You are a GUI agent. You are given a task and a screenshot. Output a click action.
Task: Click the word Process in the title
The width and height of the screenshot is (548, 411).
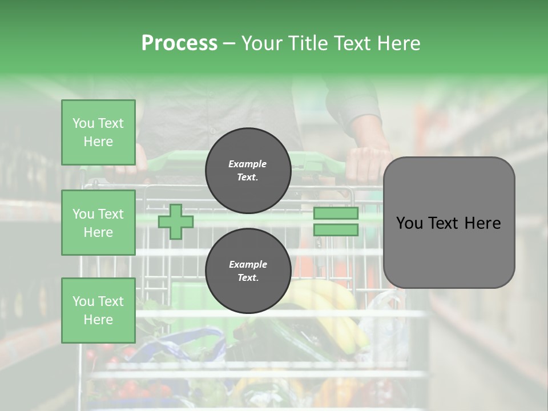179,43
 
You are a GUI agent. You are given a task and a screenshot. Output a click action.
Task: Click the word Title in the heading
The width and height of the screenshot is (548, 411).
305,43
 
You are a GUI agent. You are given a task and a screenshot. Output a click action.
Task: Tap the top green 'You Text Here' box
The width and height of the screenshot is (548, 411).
98,132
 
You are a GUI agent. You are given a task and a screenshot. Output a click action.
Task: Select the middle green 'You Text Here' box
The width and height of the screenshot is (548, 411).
98,223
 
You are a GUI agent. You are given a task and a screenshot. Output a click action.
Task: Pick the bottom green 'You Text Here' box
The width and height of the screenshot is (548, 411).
98,310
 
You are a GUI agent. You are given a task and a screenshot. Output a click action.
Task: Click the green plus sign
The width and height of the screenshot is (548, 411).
176,221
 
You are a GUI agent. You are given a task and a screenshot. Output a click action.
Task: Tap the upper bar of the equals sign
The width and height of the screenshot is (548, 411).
336,213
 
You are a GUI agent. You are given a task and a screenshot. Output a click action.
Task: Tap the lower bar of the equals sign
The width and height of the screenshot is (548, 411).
336,229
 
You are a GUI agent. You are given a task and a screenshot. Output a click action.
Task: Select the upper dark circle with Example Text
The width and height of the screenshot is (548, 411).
248,171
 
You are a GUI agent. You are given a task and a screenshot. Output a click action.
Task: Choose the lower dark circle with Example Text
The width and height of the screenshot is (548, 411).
248,271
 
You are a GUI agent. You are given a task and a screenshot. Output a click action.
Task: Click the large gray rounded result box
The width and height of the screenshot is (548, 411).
449,223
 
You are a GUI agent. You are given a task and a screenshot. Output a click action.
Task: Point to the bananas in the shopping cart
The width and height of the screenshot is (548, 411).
334,308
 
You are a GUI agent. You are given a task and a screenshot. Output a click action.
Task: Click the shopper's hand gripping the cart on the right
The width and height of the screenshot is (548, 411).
368,163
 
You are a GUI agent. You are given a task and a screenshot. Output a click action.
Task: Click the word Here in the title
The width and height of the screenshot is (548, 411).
400,43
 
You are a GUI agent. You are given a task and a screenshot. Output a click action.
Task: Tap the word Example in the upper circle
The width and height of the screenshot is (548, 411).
248,164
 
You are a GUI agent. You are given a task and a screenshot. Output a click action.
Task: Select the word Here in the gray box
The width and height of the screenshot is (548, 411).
482,223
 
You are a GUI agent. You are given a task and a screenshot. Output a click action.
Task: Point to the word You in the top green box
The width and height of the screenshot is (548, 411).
83,123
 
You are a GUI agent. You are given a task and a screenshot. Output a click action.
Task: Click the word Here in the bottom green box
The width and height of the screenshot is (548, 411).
98,320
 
